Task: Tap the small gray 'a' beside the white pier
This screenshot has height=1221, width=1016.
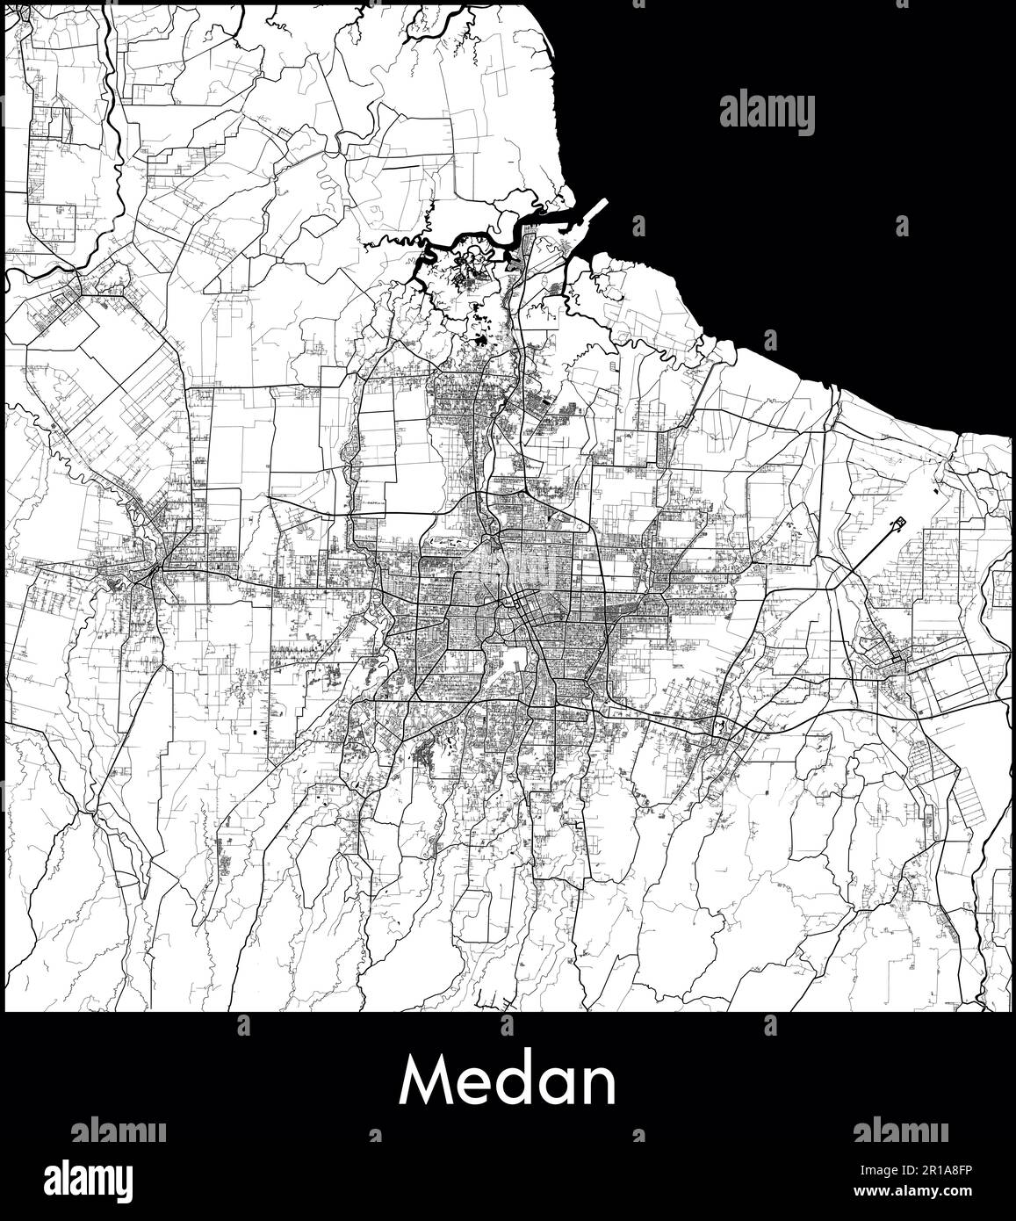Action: pyautogui.click(x=638, y=227)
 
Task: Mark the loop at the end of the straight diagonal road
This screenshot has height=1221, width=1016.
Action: pyautogui.click(x=899, y=524)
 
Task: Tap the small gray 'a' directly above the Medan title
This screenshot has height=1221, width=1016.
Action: pyautogui.click(x=506, y=1024)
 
